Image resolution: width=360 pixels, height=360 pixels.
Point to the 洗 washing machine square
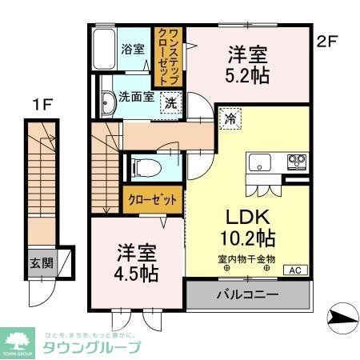[x=172, y=102]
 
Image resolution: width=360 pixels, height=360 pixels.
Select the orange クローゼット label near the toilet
[x=153, y=200]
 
